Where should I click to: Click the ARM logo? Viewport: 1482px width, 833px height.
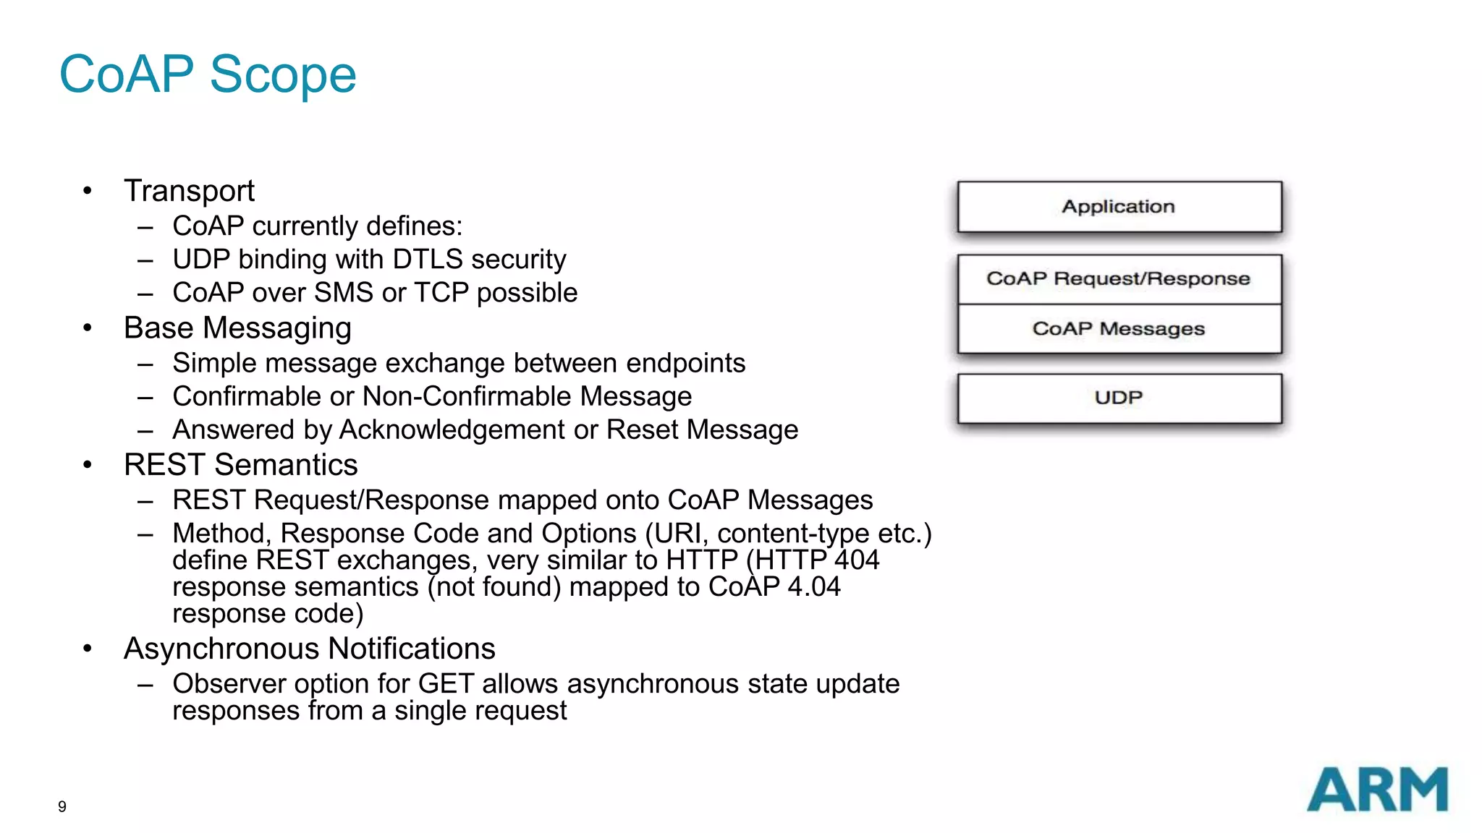[1377, 790]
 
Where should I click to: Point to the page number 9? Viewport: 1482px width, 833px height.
[62, 806]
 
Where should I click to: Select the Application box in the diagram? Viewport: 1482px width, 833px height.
[1119, 207]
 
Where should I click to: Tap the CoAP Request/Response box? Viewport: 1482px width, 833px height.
[1119, 279]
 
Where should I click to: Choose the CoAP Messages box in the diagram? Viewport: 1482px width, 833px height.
[1119, 329]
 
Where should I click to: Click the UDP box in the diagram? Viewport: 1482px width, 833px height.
[1119, 398]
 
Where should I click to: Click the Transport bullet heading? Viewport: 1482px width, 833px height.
[189, 191]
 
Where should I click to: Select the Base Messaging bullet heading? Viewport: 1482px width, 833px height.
[237, 328]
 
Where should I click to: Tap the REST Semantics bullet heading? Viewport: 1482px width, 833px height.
[240, 465]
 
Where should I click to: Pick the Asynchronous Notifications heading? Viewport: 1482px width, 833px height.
[309, 649]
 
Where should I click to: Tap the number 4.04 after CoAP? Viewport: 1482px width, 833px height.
[813, 586]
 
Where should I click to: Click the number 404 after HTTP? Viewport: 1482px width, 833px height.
[857, 560]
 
